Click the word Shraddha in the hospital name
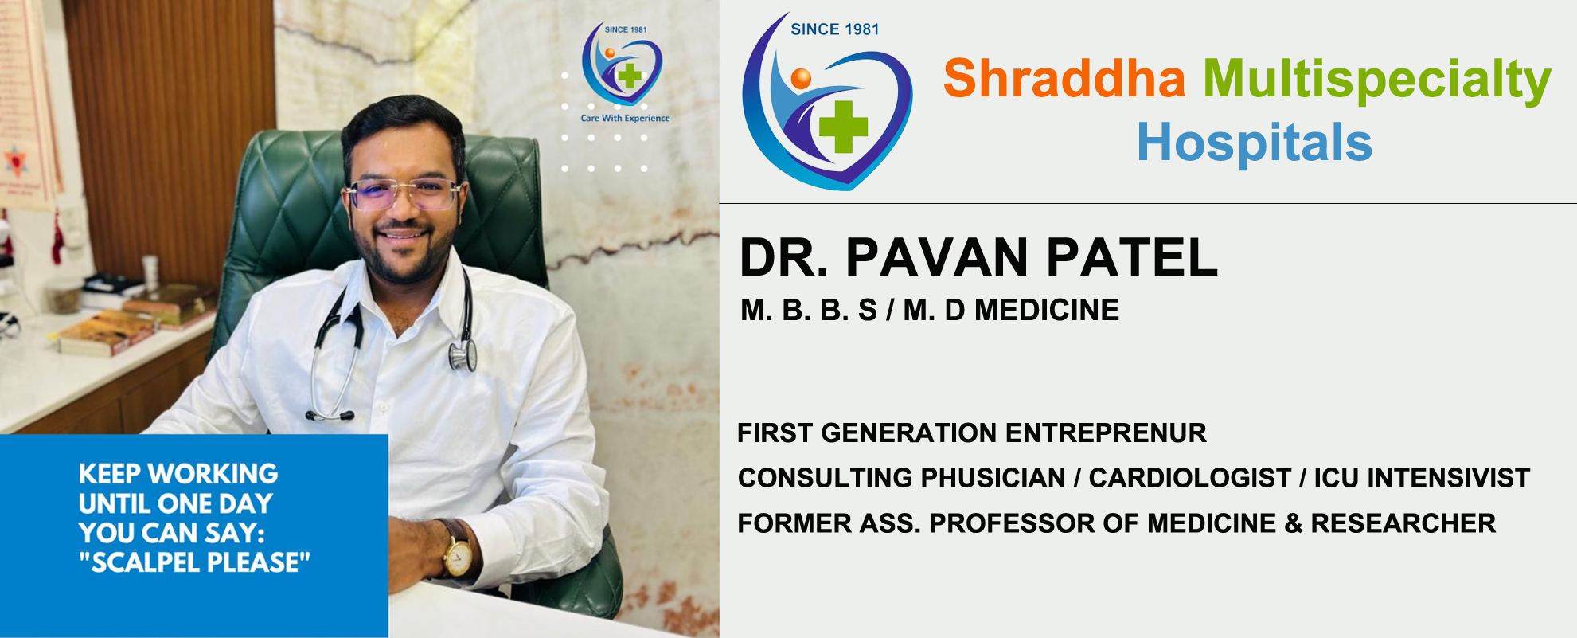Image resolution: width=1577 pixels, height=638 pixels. pyautogui.click(x=1064, y=78)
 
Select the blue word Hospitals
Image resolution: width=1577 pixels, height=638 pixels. pyautogui.click(x=1255, y=142)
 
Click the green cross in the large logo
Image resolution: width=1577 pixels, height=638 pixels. pyautogui.click(x=843, y=126)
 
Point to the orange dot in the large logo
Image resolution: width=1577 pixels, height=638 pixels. pyautogui.click(x=801, y=78)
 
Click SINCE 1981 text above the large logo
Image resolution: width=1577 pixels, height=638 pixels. pyautogui.click(x=835, y=29)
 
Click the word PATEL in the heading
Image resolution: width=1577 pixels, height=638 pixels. pyautogui.click(x=1131, y=257)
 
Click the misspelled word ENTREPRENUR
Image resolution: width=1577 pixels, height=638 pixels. pyautogui.click(x=1106, y=433)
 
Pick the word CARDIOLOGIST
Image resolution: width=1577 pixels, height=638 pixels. pyautogui.click(x=1189, y=477)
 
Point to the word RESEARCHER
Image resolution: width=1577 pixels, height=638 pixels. pyautogui.click(x=1403, y=523)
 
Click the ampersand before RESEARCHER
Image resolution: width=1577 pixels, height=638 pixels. pyautogui.click(x=1293, y=523)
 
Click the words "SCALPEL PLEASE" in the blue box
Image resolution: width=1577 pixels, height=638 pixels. pyautogui.click(x=194, y=562)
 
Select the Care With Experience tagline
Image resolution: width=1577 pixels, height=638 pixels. pyautogui.click(x=625, y=118)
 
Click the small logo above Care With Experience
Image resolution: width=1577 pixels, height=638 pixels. pyautogui.click(x=622, y=64)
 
